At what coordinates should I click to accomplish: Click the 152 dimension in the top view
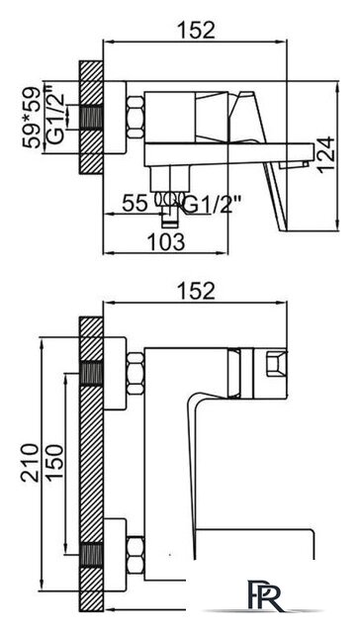[196, 30]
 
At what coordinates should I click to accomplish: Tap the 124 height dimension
[326, 156]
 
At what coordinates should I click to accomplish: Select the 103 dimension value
[165, 241]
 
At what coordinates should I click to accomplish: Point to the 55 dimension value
[135, 203]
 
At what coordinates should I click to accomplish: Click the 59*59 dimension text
[33, 118]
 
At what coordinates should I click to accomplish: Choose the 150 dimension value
[54, 462]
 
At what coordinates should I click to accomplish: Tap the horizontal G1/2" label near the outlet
[210, 205]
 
